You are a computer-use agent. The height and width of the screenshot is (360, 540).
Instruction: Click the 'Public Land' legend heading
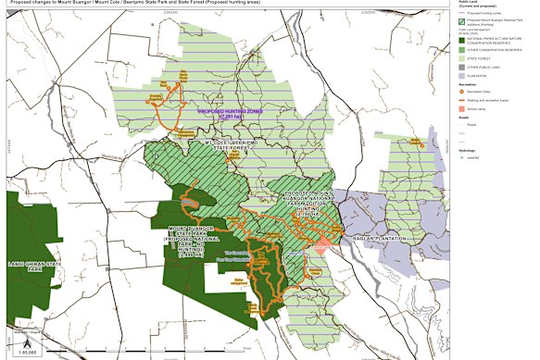468,5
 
